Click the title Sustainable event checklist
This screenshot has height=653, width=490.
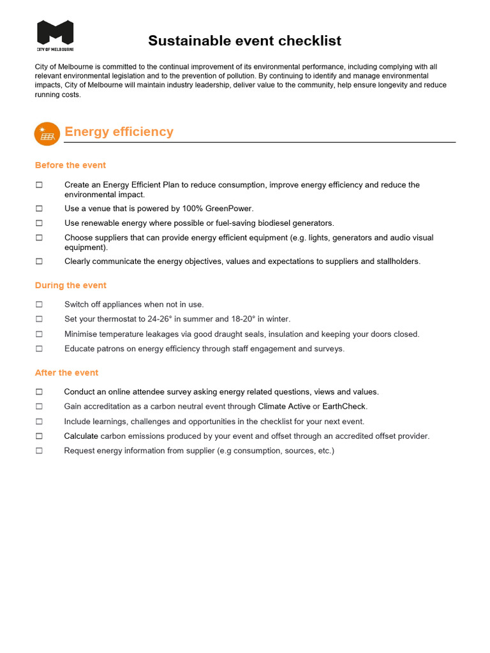244,41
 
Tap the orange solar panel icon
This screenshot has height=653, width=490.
46,133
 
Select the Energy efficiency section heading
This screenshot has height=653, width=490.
119,132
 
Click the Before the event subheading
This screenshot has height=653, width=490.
70,165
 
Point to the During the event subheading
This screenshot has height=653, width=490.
71,285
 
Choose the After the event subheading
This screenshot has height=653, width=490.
66,372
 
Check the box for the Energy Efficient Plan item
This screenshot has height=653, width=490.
39,185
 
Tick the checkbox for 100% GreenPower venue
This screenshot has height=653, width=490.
39,209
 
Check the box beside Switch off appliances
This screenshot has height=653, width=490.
39,305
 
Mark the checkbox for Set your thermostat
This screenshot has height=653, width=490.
39,319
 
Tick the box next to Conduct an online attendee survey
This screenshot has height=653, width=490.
39,392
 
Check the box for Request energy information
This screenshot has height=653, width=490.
39,451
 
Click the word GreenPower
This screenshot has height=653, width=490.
230,209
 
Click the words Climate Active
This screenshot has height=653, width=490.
284,406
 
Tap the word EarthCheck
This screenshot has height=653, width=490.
345,406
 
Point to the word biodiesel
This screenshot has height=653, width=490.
269,223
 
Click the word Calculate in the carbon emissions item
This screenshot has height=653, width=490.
81,436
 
